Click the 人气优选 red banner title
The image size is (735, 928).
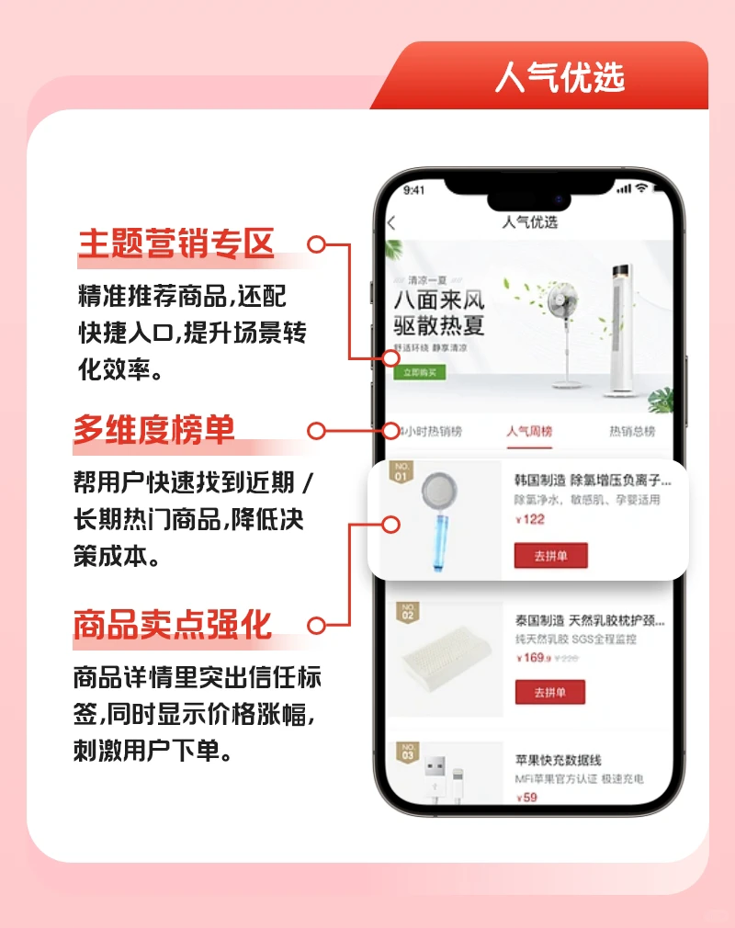click(560, 77)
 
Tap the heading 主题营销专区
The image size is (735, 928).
click(176, 245)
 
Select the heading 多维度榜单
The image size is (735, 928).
click(154, 430)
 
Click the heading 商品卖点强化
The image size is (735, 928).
click(173, 625)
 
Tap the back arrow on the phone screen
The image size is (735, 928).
click(392, 222)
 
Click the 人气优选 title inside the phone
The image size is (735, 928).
click(530, 222)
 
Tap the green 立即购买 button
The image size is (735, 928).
click(419, 372)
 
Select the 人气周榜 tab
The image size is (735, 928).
click(529, 432)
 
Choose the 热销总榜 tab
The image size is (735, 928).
click(632, 432)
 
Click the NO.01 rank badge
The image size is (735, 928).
click(401, 472)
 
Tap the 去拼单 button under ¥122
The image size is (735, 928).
click(550, 556)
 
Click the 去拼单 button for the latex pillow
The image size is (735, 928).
click(549, 692)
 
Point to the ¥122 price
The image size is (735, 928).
click(530, 519)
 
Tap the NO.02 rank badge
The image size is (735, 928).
click(406, 613)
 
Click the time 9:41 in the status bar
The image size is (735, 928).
click(414, 190)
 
